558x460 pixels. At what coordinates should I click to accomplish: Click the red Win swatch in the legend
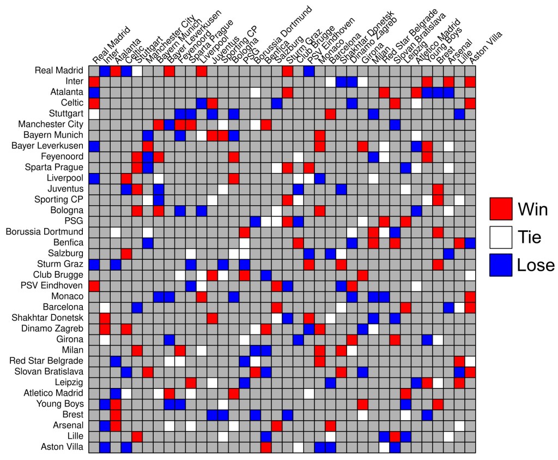(501, 208)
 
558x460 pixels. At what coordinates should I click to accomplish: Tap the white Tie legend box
(501, 237)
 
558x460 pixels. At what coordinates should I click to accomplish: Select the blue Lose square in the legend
(501, 265)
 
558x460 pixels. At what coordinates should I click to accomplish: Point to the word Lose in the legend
(536, 265)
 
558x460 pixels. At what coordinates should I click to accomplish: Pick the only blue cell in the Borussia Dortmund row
(395, 231)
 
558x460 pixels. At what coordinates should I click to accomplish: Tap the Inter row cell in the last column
(470, 81)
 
